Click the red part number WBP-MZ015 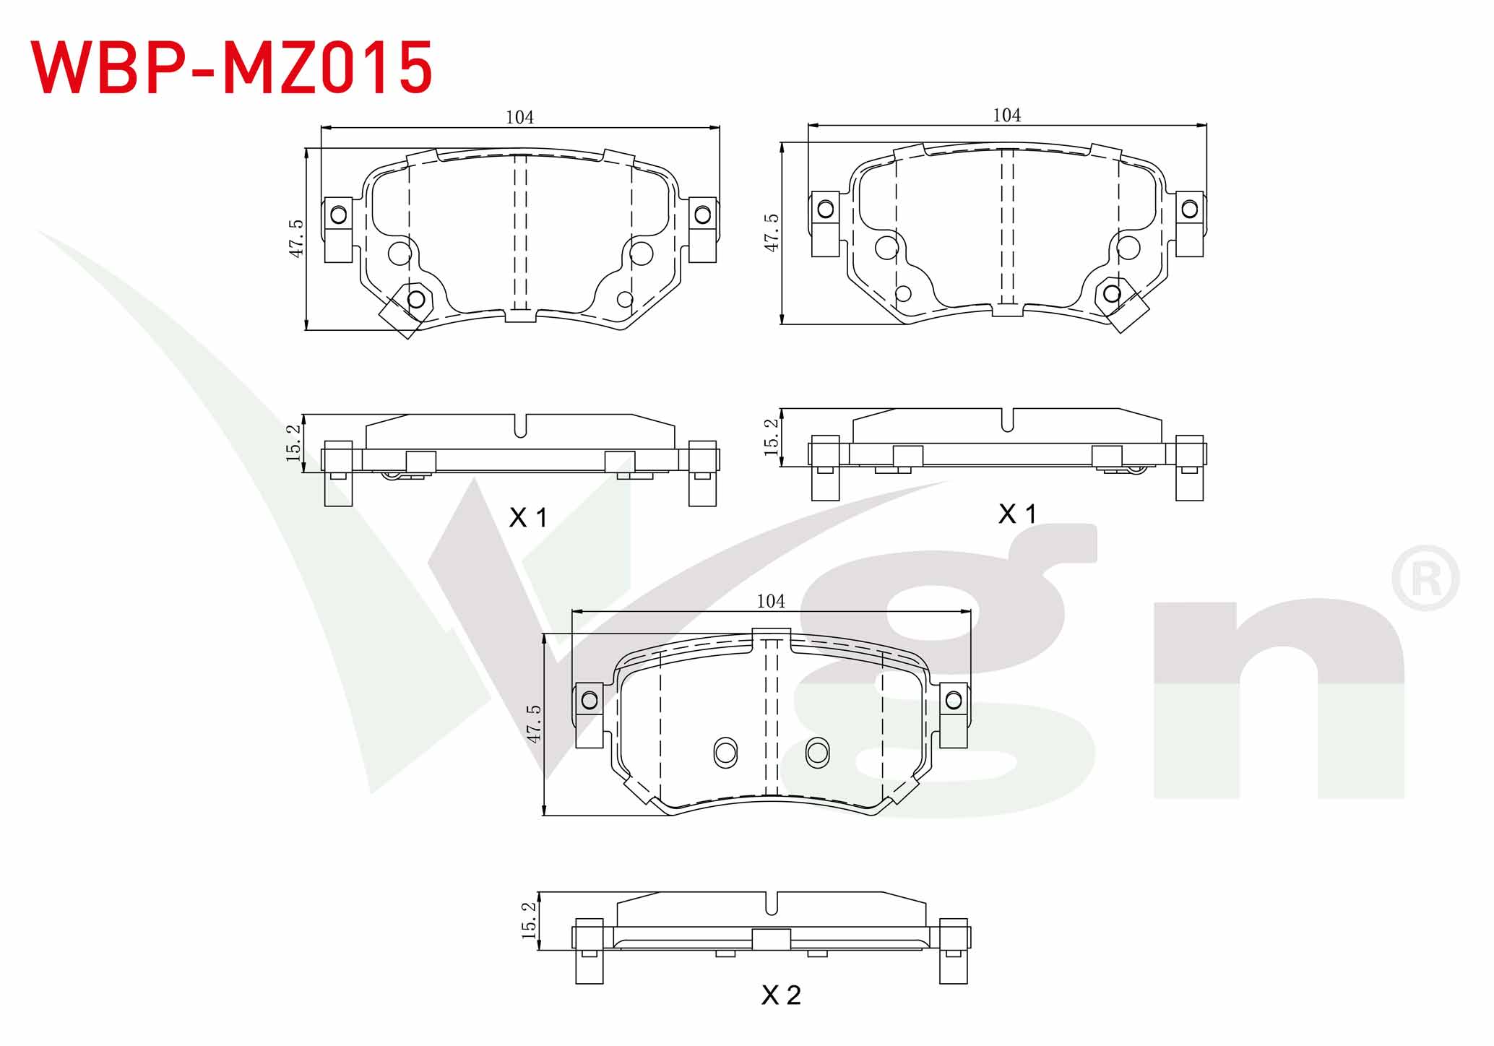click(x=231, y=67)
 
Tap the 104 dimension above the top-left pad click(x=519, y=117)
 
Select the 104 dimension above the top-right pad click(x=1006, y=115)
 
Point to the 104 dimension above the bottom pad click(x=770, y=601)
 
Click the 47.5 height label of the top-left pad click(x=296, y=238)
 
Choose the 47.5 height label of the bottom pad click(x=533, y=724)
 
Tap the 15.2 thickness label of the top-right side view click(x=771, y=437)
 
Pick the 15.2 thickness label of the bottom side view click(x=529, y=920)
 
